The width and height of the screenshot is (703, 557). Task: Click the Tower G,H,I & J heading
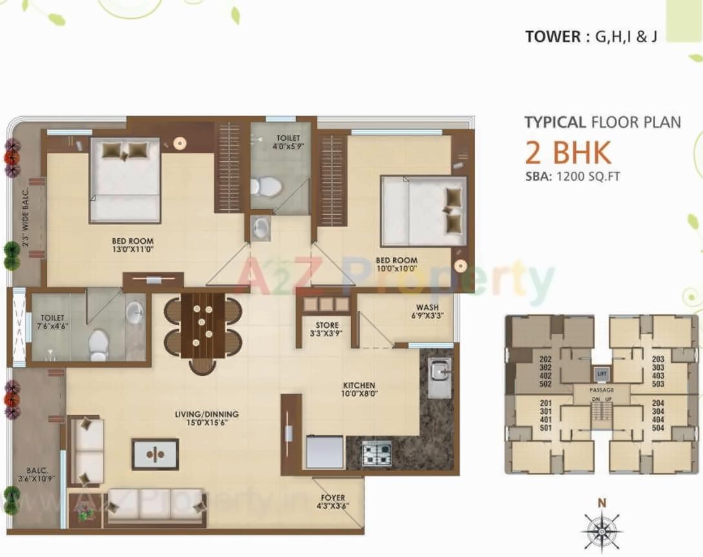[x=591, y=36]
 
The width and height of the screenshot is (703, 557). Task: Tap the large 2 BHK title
[x=567, y=153]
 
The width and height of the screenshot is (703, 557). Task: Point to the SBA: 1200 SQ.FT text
[x=572, y=176]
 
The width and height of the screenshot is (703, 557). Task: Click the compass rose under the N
[x=601, y=531]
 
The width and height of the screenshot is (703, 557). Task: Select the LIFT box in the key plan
[x=602, y=374]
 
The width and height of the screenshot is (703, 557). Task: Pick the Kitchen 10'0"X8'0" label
[x=360, y=389]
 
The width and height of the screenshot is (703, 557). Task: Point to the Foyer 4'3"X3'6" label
[x=332, y=502]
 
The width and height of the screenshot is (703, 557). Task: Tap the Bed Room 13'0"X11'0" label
[x=132, y=245]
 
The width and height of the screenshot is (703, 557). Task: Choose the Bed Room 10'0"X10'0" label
[x=396, y=265]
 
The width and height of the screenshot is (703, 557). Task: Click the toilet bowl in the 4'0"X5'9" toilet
[x=267, y=187]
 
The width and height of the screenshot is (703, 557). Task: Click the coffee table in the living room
[x=155, y=454]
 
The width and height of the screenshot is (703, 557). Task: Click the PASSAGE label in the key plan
[x=602, y=390]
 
